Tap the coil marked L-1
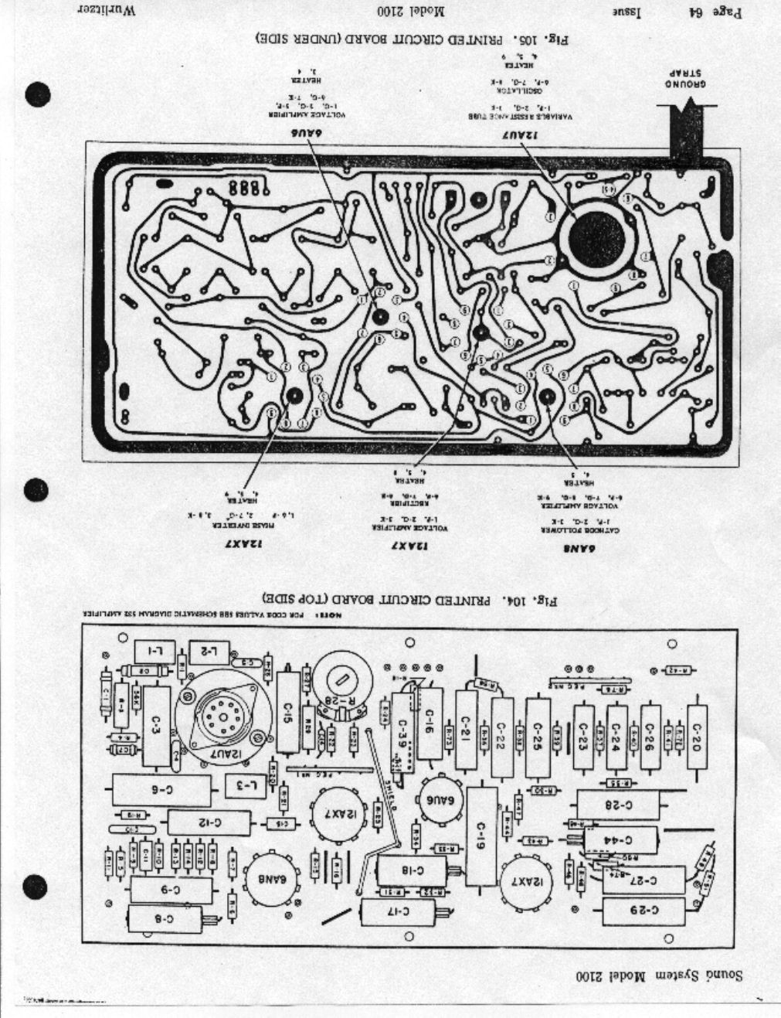tap(155, 652)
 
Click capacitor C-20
tap(697, 727)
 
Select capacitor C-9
tap(171, 890)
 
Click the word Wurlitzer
tap(107, 12)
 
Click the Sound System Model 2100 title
tap(657, 975)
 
